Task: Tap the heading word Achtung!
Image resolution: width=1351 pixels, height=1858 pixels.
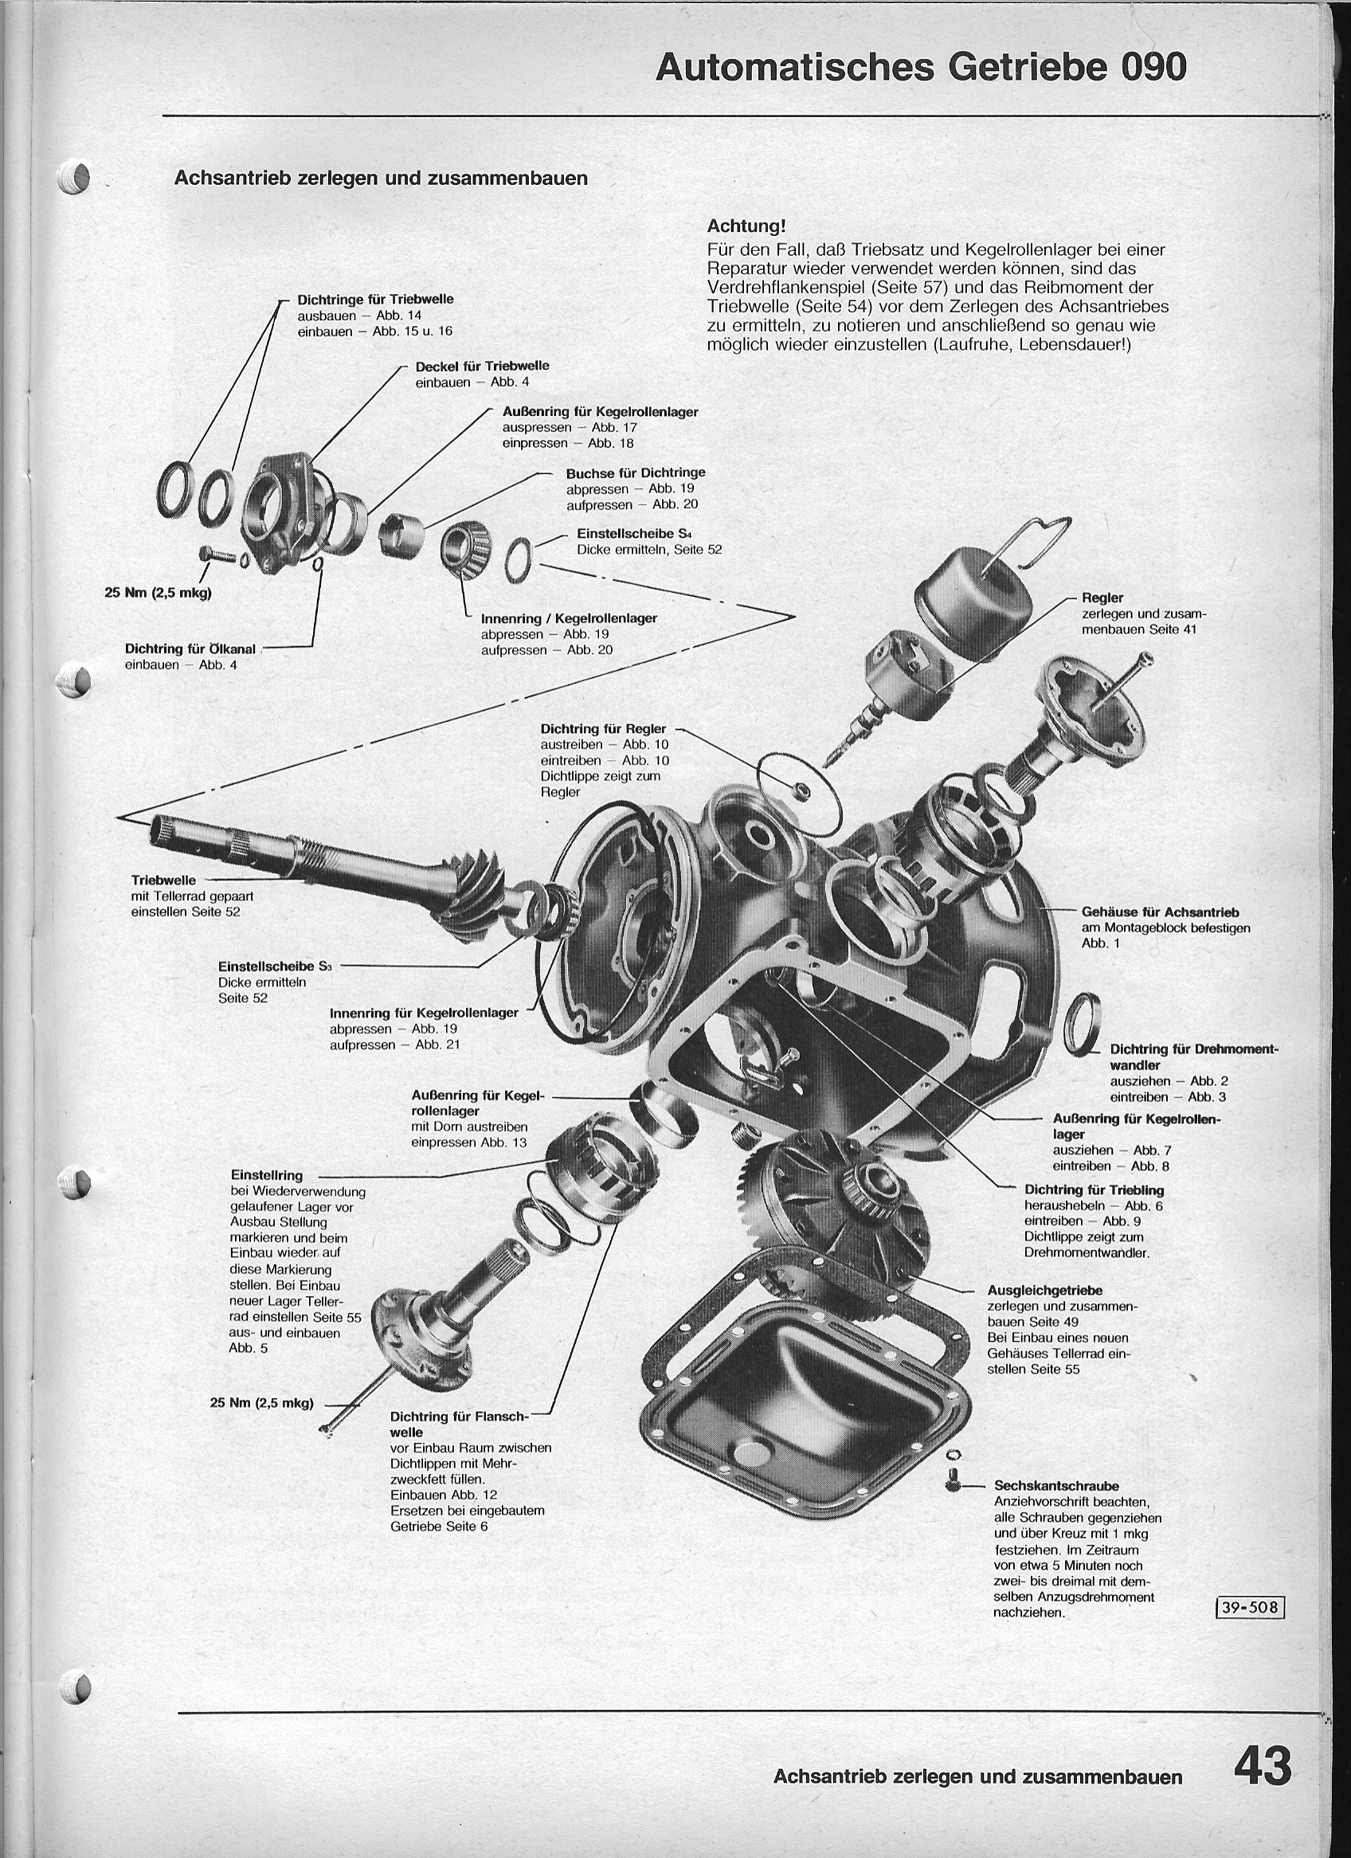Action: coord(746,225)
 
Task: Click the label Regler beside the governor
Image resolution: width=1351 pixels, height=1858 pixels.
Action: coord(1102,598)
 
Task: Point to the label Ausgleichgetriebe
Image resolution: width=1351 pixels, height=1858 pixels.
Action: coord(1044,1290)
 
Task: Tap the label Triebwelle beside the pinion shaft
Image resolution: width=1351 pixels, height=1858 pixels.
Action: coord(163,880)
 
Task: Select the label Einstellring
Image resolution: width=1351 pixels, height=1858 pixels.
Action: coord(266,1175)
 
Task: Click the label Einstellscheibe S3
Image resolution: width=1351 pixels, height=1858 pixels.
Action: coord(275,966)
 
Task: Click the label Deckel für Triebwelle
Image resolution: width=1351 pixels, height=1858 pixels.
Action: coord(482,367)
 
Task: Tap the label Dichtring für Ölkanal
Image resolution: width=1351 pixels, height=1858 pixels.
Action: coord(190,649)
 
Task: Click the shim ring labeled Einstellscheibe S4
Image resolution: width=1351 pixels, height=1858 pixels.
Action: coord(519,559)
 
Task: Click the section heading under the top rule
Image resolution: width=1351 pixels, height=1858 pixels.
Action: coord(381,178)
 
